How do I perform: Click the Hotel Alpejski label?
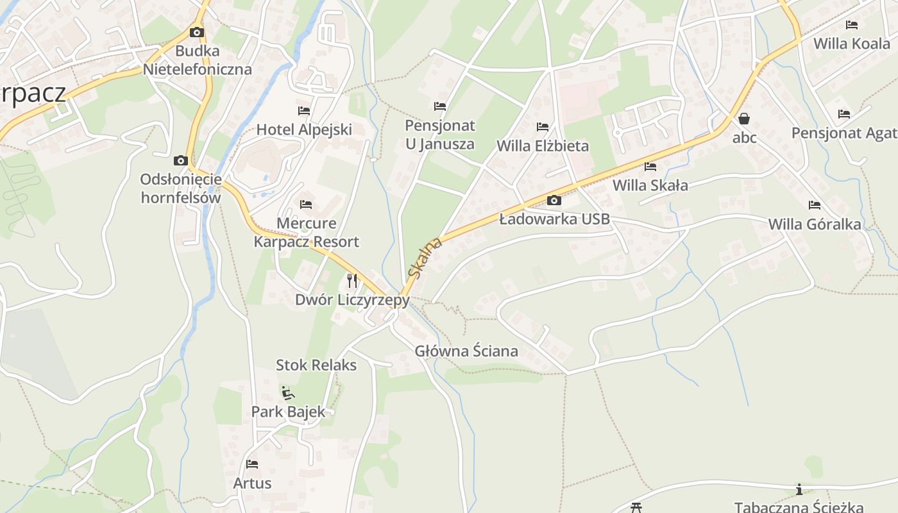coord(304,130)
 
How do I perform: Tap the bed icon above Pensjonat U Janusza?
coord(440,106)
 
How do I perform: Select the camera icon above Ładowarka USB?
coord(554,201)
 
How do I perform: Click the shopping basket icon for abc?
coord(744,119)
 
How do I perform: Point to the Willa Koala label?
coord(852,44)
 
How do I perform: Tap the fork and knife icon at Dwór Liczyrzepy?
coord(352,280)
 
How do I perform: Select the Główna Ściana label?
coord(466,351)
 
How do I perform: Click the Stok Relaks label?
coord(316,366)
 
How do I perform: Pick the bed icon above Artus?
coord(252,464)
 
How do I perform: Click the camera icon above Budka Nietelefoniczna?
coord(197,32)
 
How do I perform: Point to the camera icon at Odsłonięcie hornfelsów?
coord(181,160)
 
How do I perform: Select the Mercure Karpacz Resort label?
coord(307,233)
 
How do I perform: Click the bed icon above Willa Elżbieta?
coord(543,127)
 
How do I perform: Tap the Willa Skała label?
coord(650,186)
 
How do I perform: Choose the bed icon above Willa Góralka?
coord(815,205)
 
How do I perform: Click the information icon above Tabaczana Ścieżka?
coord(799,490)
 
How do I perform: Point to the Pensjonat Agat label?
coord(844,133)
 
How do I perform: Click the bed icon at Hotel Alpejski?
coord(304,111)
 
